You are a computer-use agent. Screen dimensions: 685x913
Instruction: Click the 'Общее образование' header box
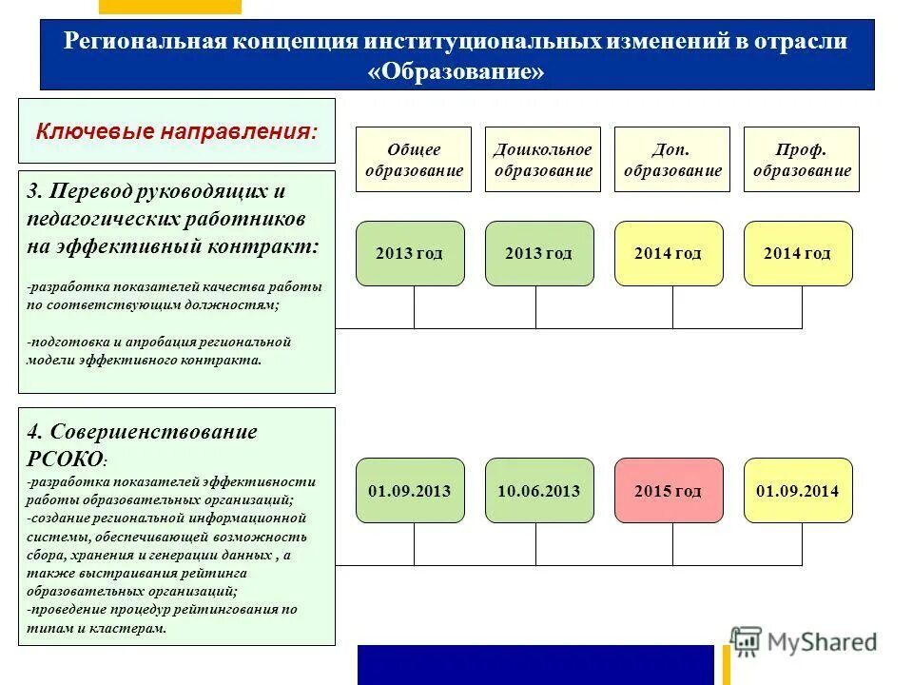414,160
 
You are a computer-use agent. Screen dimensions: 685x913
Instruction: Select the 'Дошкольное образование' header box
543,160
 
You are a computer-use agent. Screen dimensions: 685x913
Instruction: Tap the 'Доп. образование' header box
672,160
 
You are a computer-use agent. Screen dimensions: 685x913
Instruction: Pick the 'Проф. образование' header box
801,160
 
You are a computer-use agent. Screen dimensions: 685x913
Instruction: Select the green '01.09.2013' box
410,491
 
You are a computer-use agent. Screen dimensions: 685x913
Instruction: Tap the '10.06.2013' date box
539,491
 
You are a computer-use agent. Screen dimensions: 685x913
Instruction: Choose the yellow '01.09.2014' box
798,491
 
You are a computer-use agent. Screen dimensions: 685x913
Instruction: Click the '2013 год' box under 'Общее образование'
410,253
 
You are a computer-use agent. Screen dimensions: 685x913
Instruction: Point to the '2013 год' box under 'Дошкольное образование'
539,253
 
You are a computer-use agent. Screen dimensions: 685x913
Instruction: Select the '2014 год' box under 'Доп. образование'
669,253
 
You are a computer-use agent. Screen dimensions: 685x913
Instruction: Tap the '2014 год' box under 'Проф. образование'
798,253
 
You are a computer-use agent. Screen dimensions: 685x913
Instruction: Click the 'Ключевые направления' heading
177,130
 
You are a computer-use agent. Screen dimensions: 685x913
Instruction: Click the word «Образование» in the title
456,72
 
